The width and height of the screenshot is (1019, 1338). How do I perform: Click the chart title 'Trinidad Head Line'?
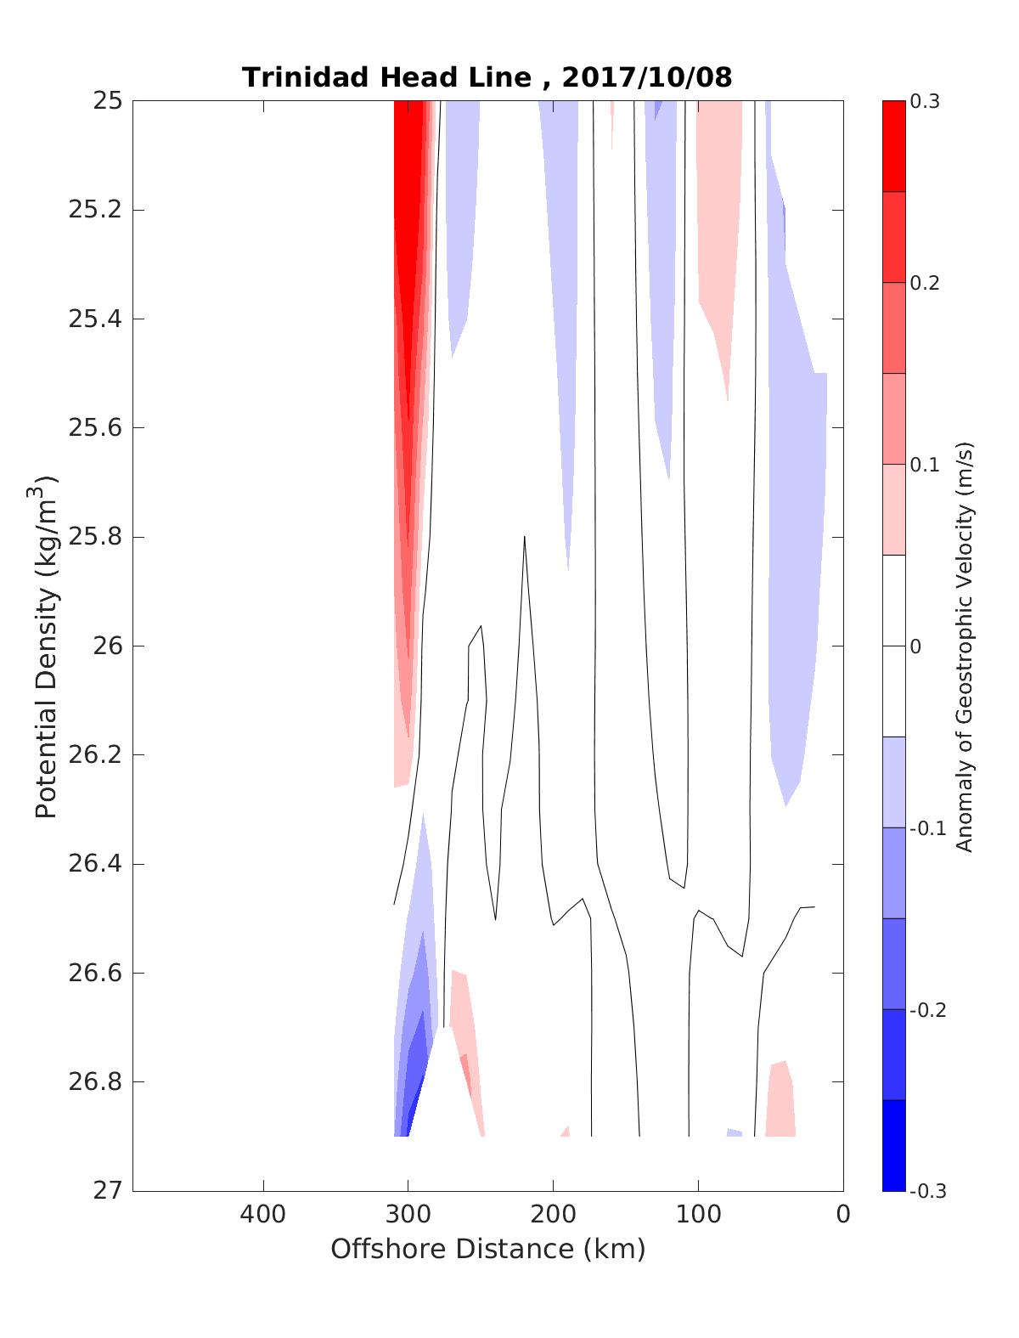tap(386, 77)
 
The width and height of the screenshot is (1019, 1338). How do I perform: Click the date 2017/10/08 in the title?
tap(646, 77)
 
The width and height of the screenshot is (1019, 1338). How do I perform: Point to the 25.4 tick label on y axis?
tap(94, 319)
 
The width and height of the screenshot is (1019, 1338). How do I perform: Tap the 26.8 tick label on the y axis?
tap(94, 1082)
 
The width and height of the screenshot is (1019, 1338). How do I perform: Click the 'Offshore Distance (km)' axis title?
tap(487, 1249)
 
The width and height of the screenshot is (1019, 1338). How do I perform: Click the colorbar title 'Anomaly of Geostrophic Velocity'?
tap(964, 646)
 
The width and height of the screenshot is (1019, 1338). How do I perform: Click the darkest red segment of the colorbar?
tap(893, 146)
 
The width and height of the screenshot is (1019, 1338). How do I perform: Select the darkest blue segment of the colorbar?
tap(893, 1145)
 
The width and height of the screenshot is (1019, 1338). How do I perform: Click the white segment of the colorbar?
tap(893, 646)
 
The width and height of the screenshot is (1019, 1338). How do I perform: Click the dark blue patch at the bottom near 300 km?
tap(414, 1096)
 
